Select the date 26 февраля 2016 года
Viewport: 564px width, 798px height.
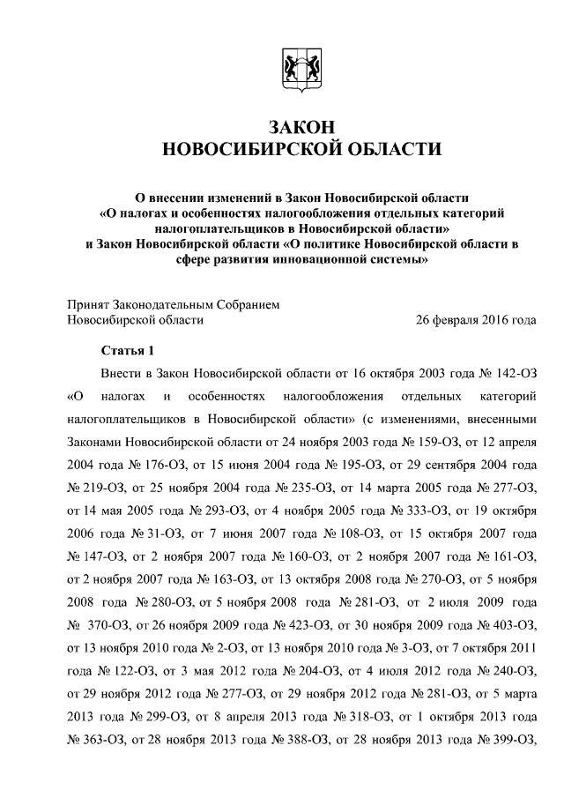pos(476,320)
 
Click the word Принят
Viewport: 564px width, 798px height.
pos(92,304)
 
